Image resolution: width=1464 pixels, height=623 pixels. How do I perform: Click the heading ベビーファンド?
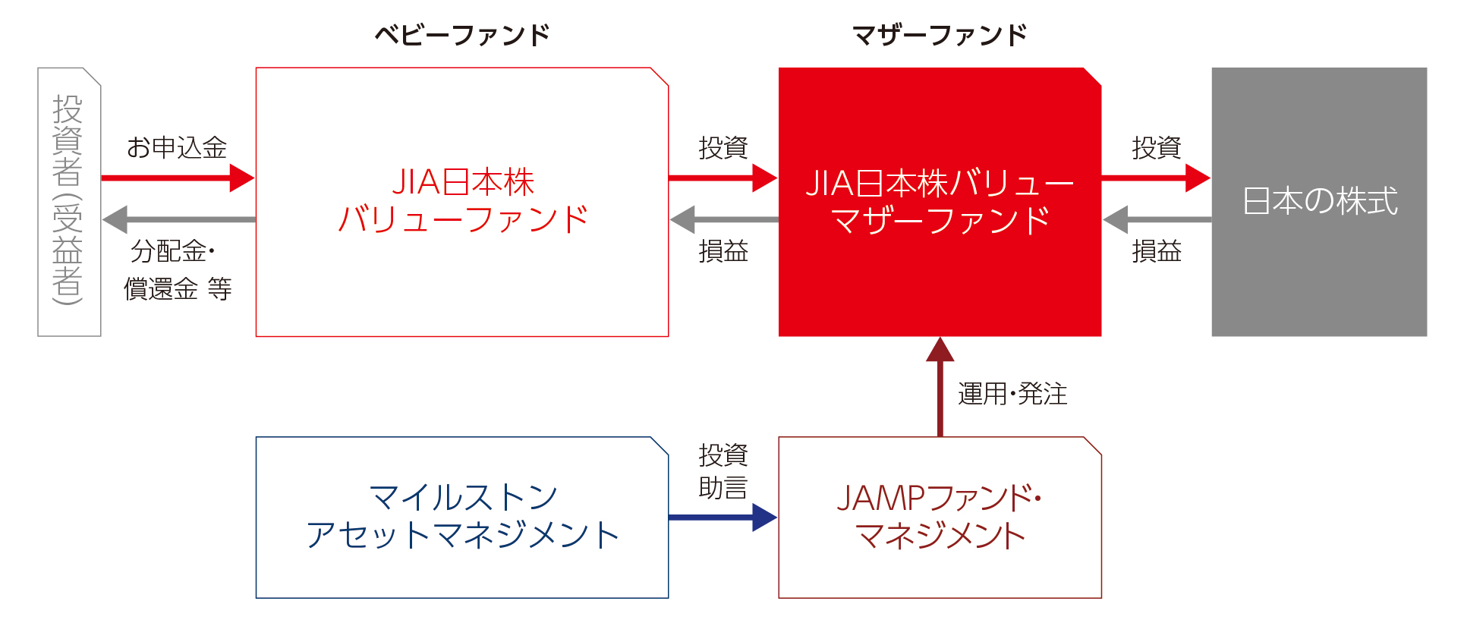click(461, 35)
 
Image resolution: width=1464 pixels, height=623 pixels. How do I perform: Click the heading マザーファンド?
click(939, 35)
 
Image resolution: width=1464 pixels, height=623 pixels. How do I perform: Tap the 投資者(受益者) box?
click(68, 201)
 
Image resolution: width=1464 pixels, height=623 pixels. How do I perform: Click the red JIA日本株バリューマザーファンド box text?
click(940, 202)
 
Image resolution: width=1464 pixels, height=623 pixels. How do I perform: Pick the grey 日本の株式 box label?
click(1319, 202)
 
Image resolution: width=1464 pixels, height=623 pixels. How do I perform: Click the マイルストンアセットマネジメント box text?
click(462, 517)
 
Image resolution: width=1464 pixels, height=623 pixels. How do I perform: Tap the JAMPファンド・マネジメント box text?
click(940, 517)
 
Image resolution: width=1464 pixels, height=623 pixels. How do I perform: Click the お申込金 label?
click(177, 147)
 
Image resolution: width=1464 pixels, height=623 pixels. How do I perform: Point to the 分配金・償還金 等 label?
click(177, 269)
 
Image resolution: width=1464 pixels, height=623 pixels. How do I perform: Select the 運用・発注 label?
click(1012, 394)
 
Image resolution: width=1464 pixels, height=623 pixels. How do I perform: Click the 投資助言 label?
click(723, 471)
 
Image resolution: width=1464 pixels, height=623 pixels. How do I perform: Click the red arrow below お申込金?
click(177, 178)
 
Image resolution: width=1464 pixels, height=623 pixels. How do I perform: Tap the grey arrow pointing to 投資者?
click(178, 220)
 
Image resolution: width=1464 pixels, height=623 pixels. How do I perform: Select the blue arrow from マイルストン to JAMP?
click(723, 518)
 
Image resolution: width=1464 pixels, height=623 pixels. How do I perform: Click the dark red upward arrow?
click(940, 387)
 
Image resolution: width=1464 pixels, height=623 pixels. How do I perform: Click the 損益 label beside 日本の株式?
click(1157, 251)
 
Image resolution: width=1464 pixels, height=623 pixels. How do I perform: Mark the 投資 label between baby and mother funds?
click(723, 147)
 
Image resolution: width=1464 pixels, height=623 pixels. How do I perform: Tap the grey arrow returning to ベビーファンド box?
click(723, 220)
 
